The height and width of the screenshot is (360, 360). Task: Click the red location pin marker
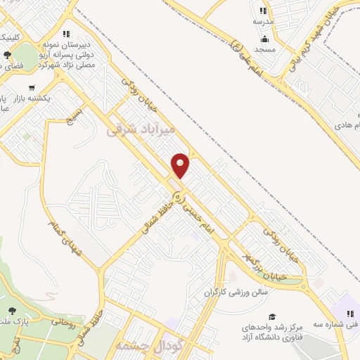(x=181, y=165)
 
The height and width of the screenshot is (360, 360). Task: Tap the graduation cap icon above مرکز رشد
(x=272, y=316)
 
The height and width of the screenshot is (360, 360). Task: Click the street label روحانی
(x=63, y=326)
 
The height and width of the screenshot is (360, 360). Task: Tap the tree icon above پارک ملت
(x=12, y=311)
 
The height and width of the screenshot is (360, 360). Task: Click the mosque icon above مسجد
(x=265, y=39)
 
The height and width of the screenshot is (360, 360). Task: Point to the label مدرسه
(x=263, y=22)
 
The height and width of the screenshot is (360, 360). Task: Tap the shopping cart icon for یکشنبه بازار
(x=32, y=89)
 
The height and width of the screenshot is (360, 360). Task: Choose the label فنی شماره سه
(x=346, y=324)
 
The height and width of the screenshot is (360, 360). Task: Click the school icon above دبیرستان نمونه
(x=65, y=33)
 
